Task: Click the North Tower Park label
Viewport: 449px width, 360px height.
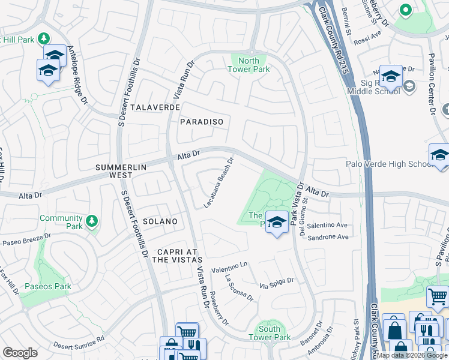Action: pyautogui.click(x=249, y=65)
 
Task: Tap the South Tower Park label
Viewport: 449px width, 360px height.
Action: pyautogui.click(x=273, y=333)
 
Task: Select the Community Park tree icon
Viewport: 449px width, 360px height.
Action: pyautogui.click(x=92, y=221)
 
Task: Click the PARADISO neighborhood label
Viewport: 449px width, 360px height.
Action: pyautogui.click(x=201, y=122)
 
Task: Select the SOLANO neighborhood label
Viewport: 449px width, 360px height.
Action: pyautogui.click(x=160, y=221)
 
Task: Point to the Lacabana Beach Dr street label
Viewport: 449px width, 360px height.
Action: pyautogui.click(x=218, y=182)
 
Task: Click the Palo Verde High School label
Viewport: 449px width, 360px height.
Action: pyautogui.click(x=388, y=164)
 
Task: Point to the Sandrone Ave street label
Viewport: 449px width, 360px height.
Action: pyautogui.click(x=328, y=237)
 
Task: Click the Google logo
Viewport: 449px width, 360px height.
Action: pyautogui.click(x=20, y=353)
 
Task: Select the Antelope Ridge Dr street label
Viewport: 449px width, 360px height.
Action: pyautogui.click(x=80, y=74)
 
